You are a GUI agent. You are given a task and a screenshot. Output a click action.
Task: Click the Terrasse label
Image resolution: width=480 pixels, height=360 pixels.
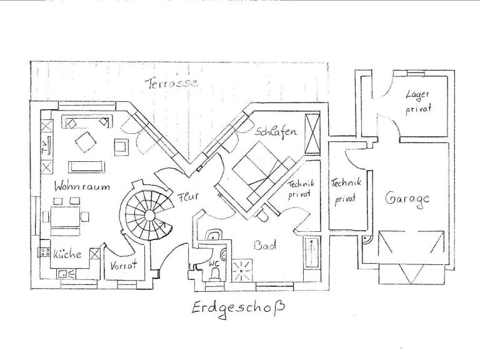point(172,83)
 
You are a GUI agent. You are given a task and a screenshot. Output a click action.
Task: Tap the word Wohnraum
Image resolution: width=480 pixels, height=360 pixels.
point(82,186)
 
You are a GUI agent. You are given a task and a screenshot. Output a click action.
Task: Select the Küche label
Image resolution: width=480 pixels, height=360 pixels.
point(67,254)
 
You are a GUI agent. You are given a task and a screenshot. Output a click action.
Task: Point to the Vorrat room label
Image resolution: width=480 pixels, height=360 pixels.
point(123,265)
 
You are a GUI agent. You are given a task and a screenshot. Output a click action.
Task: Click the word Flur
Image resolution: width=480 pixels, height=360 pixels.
point(187,196)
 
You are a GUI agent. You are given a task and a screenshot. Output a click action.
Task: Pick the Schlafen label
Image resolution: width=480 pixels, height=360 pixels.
point(276,132)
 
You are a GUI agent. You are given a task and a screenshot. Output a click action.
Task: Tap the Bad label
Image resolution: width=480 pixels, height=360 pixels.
point(265,245)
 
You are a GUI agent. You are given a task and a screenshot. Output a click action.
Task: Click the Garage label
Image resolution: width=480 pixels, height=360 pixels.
point(407,198)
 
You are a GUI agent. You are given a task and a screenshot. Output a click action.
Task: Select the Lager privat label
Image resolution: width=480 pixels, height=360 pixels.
point(418,102)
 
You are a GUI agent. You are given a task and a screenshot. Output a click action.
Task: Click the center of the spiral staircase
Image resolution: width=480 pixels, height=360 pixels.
point(150,215)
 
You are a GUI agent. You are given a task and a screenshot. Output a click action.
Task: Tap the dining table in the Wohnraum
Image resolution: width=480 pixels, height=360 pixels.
point(65,217)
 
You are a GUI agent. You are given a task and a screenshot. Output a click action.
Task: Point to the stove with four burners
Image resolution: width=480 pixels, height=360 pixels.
point(45,252)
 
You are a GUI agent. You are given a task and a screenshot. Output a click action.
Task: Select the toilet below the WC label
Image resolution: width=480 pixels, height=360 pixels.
point(216,274)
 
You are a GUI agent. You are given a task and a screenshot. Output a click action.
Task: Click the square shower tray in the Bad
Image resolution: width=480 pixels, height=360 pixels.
point(242,270)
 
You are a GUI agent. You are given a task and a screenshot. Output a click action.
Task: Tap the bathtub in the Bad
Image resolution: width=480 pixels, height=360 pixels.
point(312,253)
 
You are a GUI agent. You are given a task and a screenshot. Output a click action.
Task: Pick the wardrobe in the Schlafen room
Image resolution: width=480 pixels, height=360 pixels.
point(312,133)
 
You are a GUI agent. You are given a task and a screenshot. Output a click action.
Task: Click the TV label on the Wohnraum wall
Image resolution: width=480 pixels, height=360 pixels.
point(46,147)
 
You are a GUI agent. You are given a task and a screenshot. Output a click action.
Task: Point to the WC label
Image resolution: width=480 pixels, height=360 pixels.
point(214,263)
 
